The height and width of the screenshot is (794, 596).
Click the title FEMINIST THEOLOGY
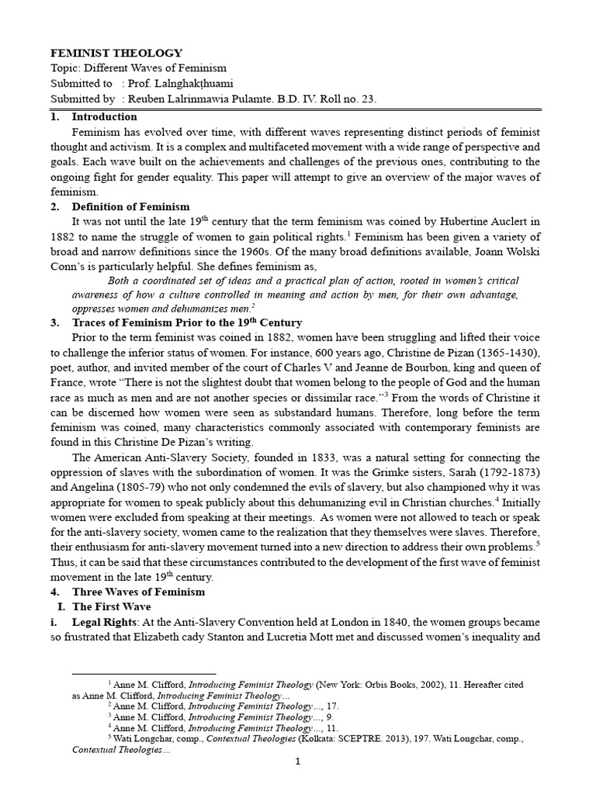116,54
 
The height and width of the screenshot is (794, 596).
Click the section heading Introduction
104,117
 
